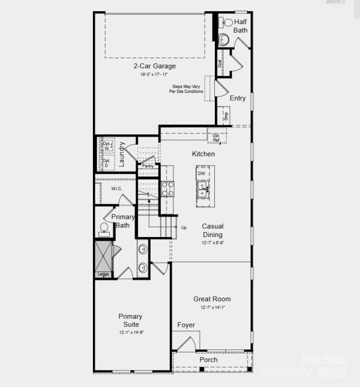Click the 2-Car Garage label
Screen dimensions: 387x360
pos(154,66)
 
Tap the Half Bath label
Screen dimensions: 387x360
pos(240,26)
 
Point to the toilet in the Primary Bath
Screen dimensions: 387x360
pos(104,229)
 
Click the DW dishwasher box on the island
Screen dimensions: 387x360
pos(201,173)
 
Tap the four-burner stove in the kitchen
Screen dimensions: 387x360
pos(167,189)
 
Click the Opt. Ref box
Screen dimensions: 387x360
pos(216,138)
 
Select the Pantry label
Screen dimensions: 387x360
pos(148,166)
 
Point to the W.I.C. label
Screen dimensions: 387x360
pos(116,188)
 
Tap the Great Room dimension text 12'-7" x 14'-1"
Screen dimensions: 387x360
pos(212,308)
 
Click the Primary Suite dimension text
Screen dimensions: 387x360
pos(130,332)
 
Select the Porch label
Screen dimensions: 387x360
pos(209,359)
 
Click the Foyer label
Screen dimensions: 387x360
pos(186,325)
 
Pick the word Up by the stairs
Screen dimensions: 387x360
pos(184,227)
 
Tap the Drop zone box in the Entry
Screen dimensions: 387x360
pos(225,115)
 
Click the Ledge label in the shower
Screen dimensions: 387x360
pos(103,274)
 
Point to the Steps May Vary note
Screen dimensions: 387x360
pos(186,89)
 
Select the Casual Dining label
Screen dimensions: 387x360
pos(212,230)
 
